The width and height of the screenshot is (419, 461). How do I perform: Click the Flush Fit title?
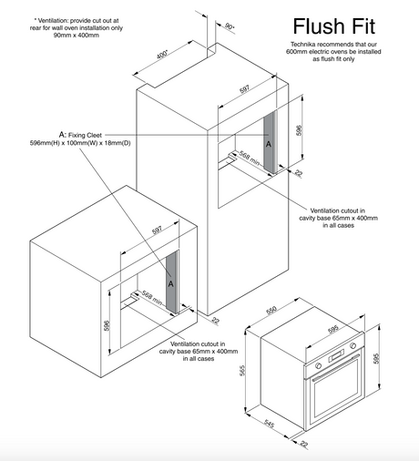334,26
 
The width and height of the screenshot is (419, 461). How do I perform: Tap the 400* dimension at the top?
162,55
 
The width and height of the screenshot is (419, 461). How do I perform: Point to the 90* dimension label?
230,26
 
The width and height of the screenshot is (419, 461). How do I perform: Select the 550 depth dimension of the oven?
271,310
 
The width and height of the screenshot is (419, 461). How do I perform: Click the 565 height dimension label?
242,371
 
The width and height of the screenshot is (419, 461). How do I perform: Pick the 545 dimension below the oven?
270,424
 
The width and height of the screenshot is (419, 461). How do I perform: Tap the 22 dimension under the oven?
304,444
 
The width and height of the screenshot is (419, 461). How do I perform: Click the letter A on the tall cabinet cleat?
269,144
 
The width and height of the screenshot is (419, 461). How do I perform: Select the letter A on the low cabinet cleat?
171,284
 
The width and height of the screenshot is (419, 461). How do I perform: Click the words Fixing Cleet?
85,135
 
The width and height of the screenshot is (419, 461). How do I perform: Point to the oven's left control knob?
319,365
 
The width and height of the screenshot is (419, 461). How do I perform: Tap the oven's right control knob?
353,345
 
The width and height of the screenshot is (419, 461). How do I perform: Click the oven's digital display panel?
336,355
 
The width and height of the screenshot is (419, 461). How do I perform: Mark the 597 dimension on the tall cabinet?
244,89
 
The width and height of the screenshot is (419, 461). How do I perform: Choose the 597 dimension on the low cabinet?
157,230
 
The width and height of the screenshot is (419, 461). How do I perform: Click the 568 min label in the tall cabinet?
250,159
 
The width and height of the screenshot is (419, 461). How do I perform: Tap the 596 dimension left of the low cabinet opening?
107,326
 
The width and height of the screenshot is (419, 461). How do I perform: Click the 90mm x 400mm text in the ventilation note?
77,36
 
